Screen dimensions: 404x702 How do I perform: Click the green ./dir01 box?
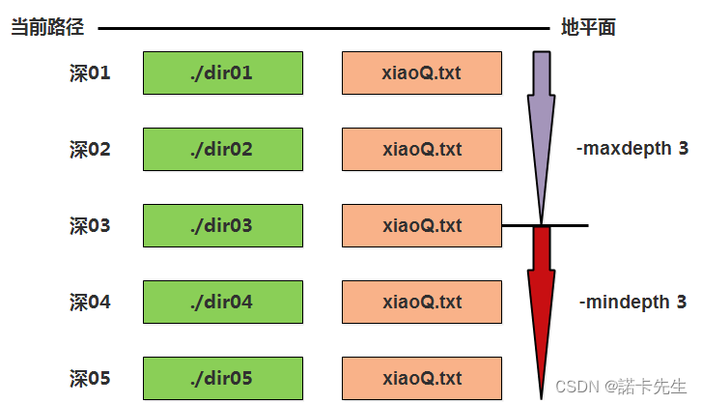(x=222, y=72)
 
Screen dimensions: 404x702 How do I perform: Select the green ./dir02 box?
(x=222, y=149)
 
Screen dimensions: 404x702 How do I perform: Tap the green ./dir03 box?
(x=222, y=225)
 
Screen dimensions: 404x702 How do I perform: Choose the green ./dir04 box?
(x=222, y=302)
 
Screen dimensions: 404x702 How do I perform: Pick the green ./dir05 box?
(x=222, y=378)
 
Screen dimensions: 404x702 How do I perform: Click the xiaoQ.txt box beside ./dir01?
(x=422, y=72)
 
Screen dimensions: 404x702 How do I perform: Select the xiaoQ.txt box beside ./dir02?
(x=422, y=149)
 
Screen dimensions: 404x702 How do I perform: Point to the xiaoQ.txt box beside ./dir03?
(x=422, y=225)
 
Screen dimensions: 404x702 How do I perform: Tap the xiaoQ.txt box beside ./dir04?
(x=422, y=302)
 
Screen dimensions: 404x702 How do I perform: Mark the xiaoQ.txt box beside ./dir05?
(x=422, y=378)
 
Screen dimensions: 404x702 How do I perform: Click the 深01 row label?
(x=90, y=72)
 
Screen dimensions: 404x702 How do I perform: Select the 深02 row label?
(x=90, y=150)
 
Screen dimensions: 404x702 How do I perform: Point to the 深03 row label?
(x=90, y=226)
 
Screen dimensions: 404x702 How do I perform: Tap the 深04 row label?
(x=90, y=303)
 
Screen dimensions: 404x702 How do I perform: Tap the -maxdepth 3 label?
(x=632, y=150)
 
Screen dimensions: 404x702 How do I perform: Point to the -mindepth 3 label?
(x=632, y=303)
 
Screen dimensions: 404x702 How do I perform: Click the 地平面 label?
(x=588, y=28)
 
